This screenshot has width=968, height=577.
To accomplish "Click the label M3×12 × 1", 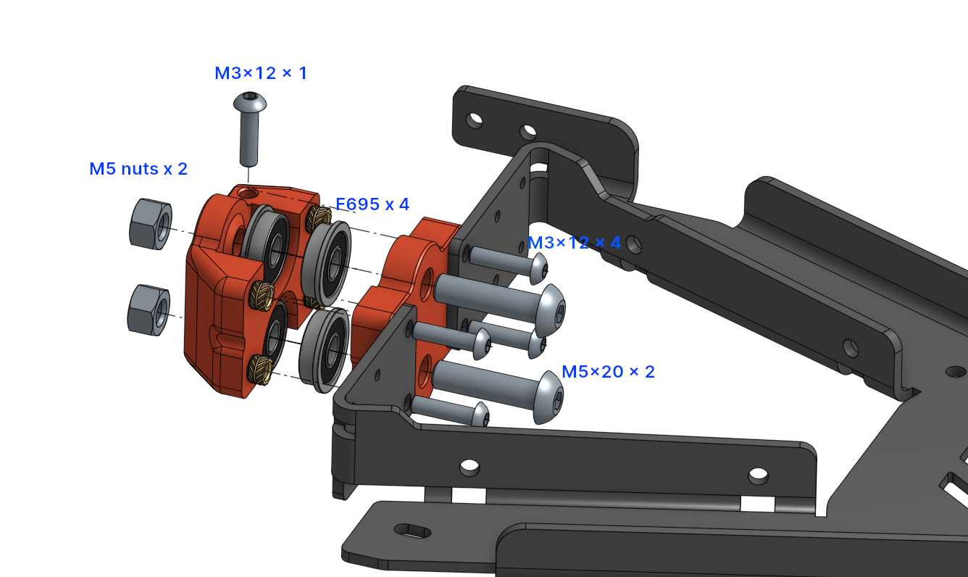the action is (x=261, y=73).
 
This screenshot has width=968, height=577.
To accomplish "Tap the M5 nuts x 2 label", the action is (x=138, y=169).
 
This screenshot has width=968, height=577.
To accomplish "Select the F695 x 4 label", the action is (x=372, y=204).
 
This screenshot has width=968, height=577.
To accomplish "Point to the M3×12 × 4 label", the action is (x=575, y=242).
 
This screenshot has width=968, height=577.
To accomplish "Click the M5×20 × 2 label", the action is (x=608, y=372).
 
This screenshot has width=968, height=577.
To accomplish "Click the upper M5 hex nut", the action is (x=151, y=224).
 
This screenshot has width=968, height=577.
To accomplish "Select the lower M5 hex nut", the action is (x=149, y=310).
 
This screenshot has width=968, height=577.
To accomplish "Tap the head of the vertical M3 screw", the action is (x=250, y=101).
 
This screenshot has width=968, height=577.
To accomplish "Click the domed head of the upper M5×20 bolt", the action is (x=551, y=310).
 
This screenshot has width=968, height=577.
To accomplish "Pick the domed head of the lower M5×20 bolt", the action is (x=548, y=397).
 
